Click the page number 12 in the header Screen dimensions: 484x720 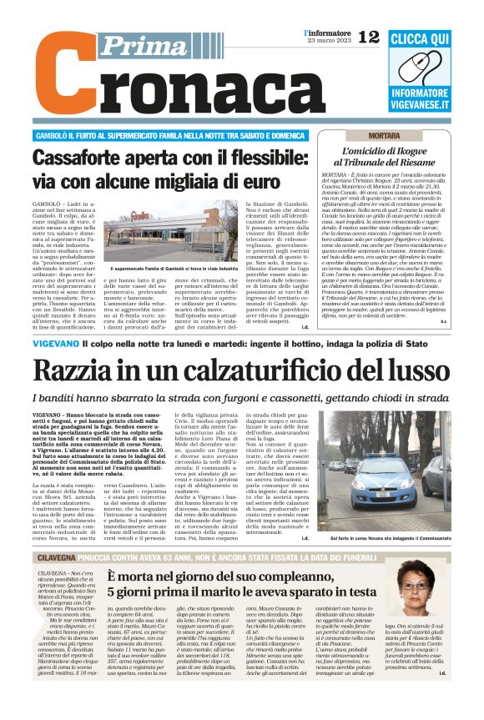tap(368, 36)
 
